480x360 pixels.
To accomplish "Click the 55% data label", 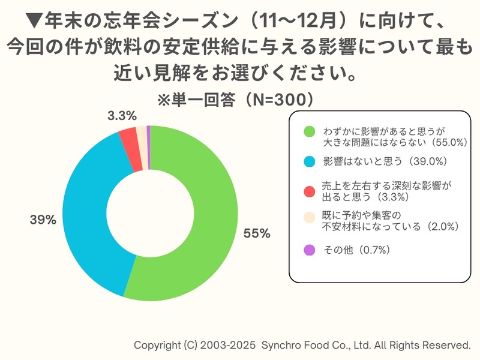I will pyautogui.click(x=256, y=233).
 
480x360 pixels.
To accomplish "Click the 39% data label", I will pyautogui.click(x=43, y=220).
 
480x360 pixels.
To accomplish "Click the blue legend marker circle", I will pyautogui.click(x=310, y=161).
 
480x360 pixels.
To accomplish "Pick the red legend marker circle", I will pyautogui.click(x=310, y=191).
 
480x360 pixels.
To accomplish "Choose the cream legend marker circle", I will pyautogui.click(x=310, y=217).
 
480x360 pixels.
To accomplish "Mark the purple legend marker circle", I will pyautogui.click(x=310, y=250).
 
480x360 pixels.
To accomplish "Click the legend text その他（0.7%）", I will pyautogui.click(x=358, y=250).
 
